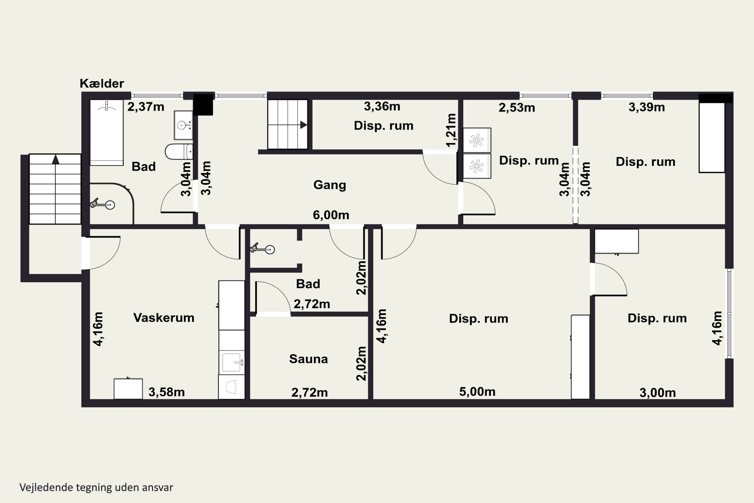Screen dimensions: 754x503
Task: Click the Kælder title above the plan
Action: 102,83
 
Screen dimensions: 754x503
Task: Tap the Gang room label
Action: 329,185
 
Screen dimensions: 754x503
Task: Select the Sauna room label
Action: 308,359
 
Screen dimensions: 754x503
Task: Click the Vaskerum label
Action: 164,318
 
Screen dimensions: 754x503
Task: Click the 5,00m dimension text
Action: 477,391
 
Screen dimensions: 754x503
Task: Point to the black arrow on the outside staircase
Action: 56,159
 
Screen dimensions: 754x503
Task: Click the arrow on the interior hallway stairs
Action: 303,125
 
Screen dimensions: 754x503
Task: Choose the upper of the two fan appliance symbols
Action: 477,140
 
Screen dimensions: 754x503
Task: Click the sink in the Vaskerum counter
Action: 232,362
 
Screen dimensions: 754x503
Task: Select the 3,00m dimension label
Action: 657,393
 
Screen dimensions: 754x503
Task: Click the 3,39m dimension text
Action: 647,107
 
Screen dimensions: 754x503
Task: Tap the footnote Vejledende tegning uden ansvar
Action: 96,487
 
